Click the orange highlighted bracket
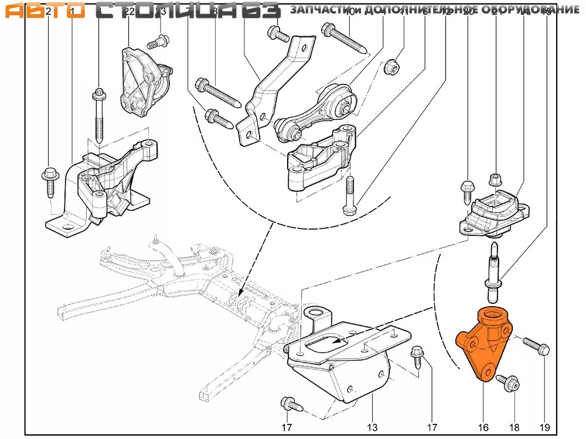tap(482, 342)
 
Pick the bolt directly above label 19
tap(536, 347)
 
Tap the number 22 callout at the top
tap(130, 12)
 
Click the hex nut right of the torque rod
tap(390, 67)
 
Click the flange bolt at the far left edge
tap(49, 179)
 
